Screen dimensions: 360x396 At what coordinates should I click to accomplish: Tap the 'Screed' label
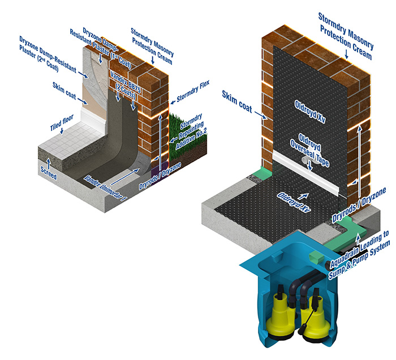[x=49, y=176]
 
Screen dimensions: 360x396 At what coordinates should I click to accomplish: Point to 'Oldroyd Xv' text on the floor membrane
[x=286, y=202]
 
